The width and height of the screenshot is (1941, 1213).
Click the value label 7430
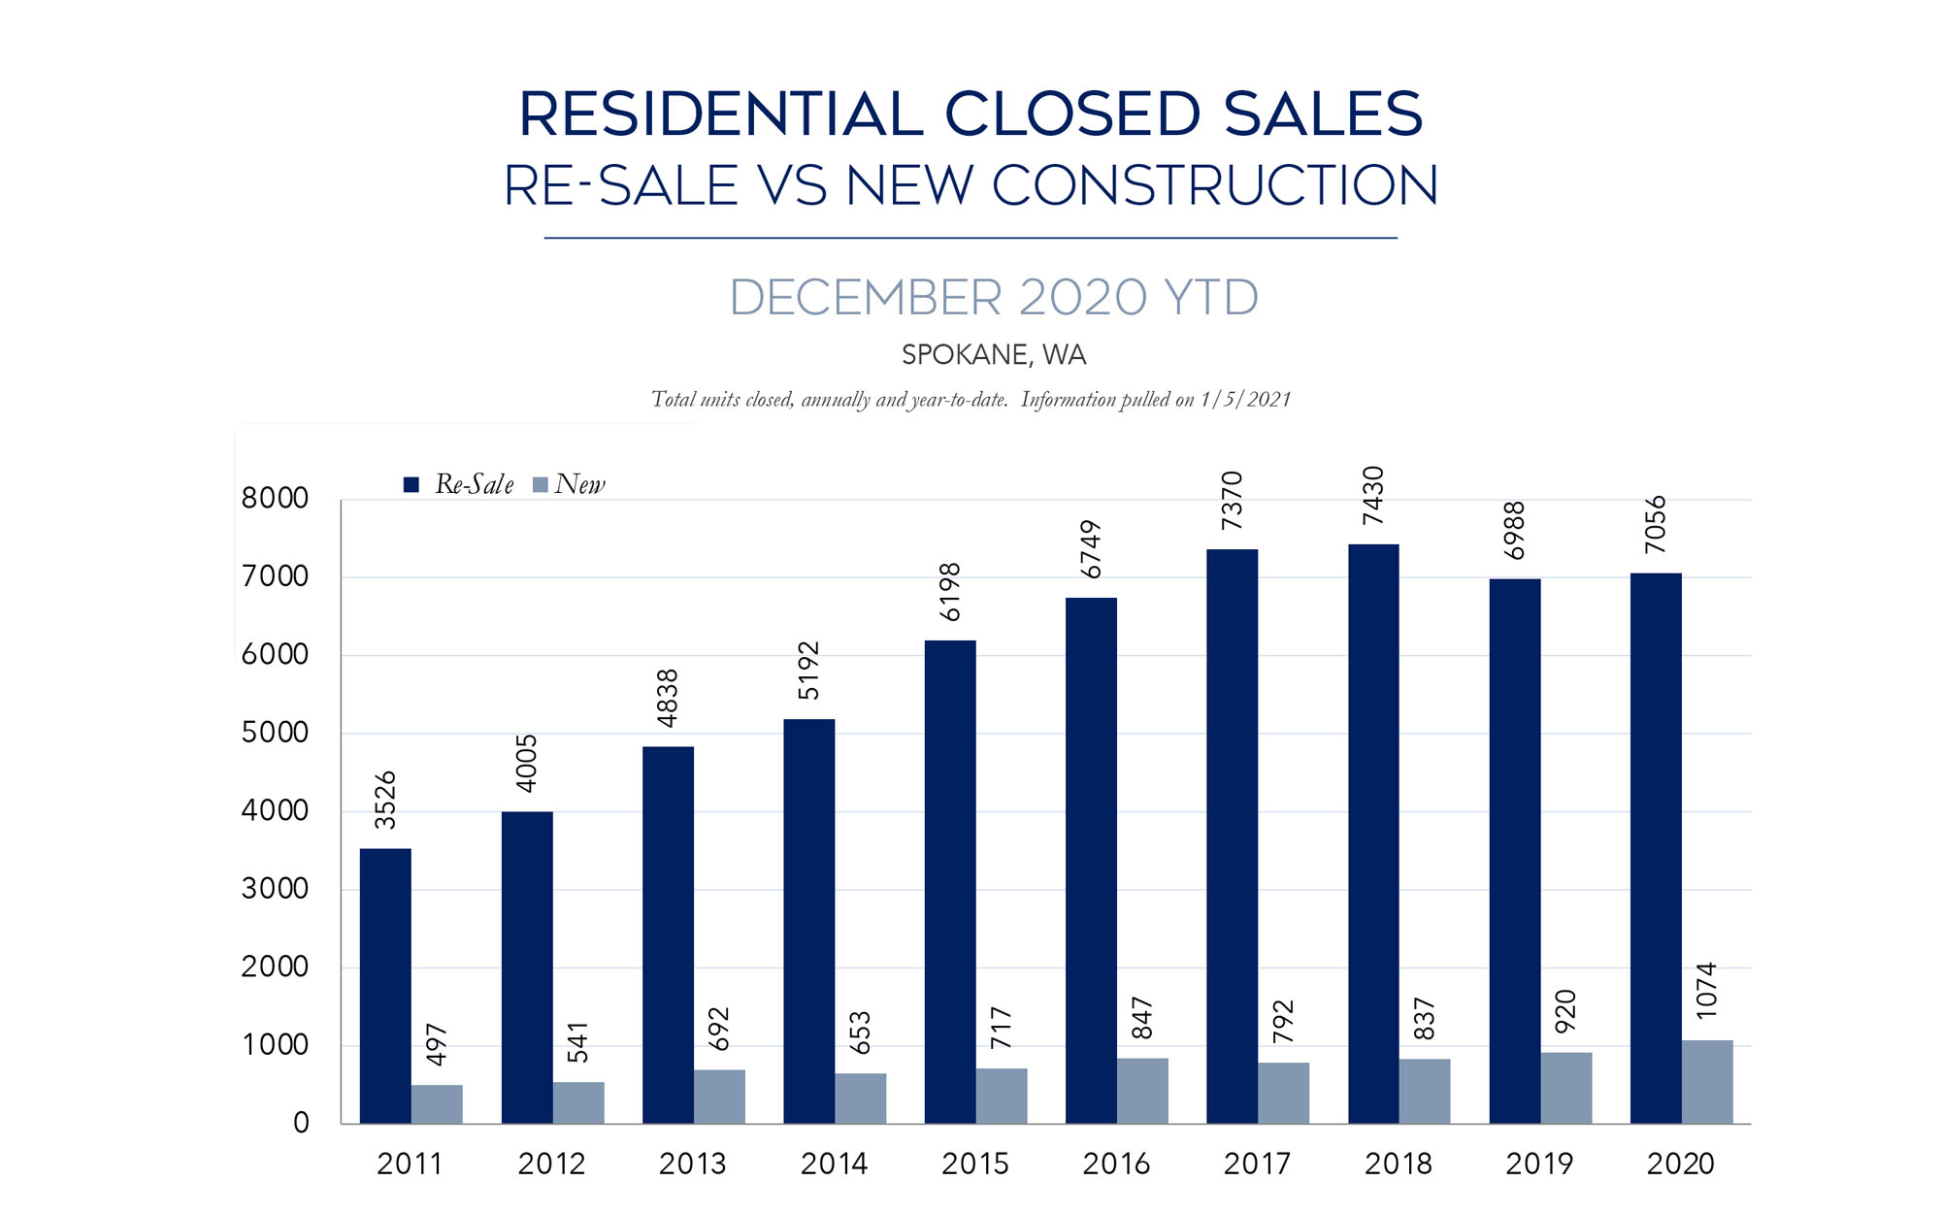point(1372,496)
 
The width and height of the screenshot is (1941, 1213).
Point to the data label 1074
point(1706,991)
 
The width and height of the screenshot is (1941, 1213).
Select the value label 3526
point(385,800)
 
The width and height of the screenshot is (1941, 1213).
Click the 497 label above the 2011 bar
point(437,1044)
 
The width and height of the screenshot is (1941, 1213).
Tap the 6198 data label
point(949,592)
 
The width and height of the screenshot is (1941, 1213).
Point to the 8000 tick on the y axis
point(275,499)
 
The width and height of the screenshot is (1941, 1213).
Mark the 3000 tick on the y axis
point(275,889)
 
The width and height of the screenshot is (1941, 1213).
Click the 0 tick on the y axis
point(301,1123)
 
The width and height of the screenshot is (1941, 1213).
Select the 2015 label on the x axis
point(975,1164)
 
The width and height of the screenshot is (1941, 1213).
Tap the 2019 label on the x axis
point(1539,1164)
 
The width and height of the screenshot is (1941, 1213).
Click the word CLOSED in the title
point(1072,115)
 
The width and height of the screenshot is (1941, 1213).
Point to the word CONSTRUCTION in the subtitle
point(1214,185)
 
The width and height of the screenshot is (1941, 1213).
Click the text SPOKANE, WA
point(994,355)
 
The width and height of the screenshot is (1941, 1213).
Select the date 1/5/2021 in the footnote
point(1245,400)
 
